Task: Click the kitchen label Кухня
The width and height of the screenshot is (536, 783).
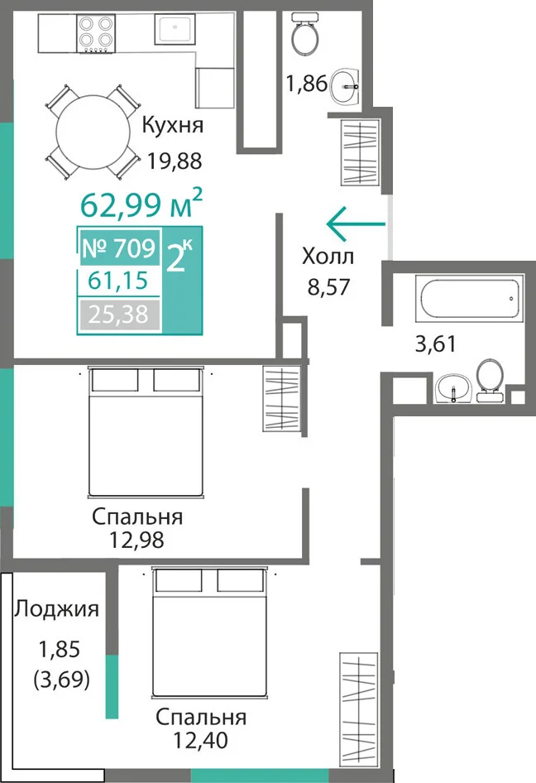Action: pyautogui.click(x=173, y=125)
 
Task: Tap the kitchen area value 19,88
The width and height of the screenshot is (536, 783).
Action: pyautogui.click(x=175, y=161)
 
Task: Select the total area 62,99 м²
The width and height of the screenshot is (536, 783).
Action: pyautogui.click(x=141, y=204)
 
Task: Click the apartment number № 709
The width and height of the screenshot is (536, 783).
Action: pyautogui.click(x=119, y=247)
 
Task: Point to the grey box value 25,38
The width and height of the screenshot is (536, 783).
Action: pyautogui.click(x=118, y=315)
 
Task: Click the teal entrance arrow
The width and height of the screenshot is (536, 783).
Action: pyautogui.click(x=356, y=223)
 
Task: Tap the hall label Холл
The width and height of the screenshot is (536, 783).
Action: pyautogui.click(x=328, y=257)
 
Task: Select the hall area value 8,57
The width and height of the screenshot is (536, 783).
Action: pyautogui.click(x=328, y=286)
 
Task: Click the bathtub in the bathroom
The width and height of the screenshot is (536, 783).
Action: pyautogui.click(x=470, y=299)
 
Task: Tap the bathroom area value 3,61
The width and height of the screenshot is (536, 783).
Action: pyautogui.click(x=436, y=344)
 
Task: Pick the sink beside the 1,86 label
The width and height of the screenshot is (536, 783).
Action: pyautogui.click(x=344, y=86)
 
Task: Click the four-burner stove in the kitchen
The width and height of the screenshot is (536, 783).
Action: pyautogui.click(x=96, y=33)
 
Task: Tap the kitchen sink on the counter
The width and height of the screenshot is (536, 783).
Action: pyautogui.click(x=175, y=29)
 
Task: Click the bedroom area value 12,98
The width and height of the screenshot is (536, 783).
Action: pyautogui.click(x=136, y=540)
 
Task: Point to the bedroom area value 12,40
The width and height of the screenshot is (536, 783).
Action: pyautogui.click(x=201, y=740)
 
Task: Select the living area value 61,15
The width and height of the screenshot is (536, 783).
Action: pyautogui.click(x=118, y=281)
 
